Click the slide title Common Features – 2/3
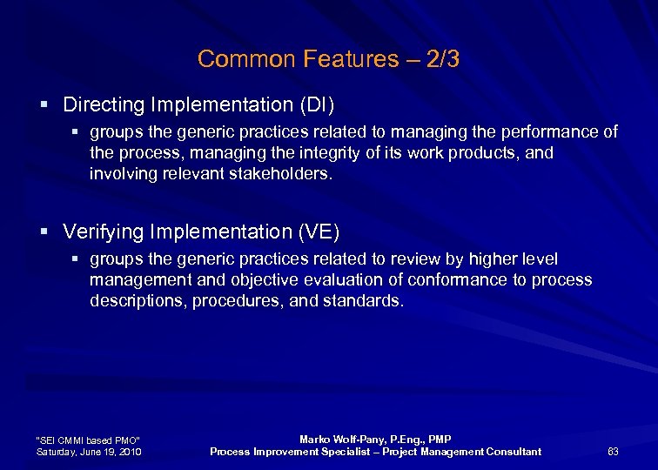(x=328, y=59)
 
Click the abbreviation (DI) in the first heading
(x=317, y=105)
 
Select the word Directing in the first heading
(x=104, y=105)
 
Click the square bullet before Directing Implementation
(x=44, y=105)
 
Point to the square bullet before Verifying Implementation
(x=44, y=232)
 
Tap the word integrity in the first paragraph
(x=313, y=152)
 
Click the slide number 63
(x=613, y=451)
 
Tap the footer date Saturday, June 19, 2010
(x=89, y=452)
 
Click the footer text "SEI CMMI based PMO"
(x=88, y=440)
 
